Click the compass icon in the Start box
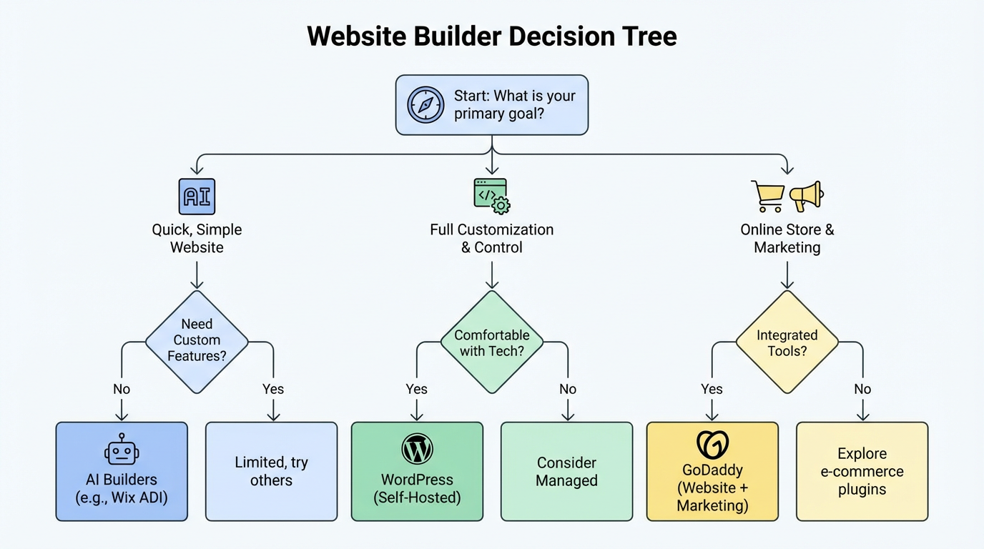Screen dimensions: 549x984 tap(425, 105)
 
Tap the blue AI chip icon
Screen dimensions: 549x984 tap(197, 197)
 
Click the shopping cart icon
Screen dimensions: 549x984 tap(767, 197)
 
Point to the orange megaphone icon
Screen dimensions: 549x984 tap(806, 196)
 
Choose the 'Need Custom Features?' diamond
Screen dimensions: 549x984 tap(197, 341)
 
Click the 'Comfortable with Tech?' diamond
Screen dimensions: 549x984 tap(492, 342)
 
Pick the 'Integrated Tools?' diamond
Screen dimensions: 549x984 tap(787, 342)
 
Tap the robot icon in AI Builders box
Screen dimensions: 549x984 tap(122, 450)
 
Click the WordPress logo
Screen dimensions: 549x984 tap(417, 450)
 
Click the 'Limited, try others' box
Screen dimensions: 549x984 tap(271, 471)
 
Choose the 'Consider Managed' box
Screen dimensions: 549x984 tap(566, 471)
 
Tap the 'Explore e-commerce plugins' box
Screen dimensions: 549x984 tap(862, 471)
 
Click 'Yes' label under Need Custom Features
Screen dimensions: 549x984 tap(272, 389)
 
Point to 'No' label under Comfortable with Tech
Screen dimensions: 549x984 tap(567, 389)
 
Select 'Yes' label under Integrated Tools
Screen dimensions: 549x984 tap(712, 389)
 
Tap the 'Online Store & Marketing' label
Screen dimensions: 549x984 tap(787, 238)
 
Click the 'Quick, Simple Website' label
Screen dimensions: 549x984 tap(197, 238)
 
